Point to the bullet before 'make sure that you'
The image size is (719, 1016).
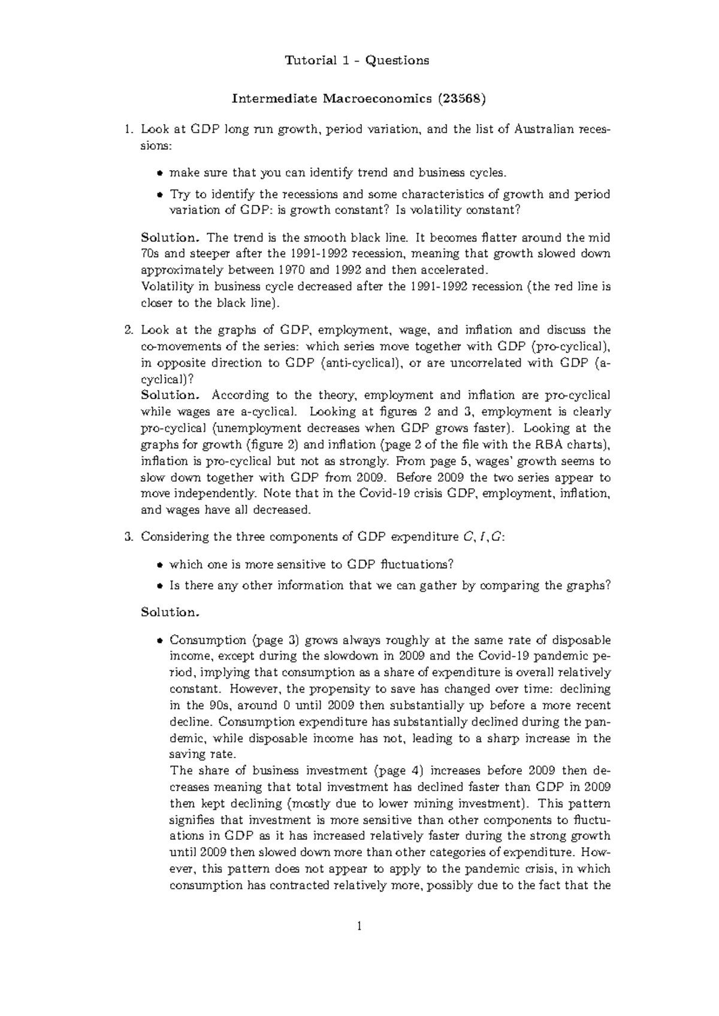159,173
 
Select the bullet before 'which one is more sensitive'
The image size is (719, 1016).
159,564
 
